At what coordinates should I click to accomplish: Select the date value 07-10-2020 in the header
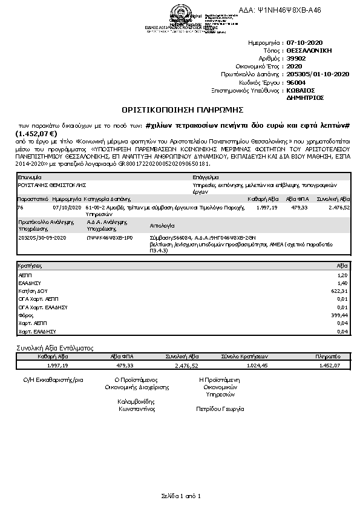click(x=307, y=44)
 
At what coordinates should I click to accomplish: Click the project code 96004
click(x=296, y=82)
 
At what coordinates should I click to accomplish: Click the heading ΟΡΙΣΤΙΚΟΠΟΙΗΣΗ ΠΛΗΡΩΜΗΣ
click(x=182, y=110)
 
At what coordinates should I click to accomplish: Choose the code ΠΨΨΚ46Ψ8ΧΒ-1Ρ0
click(x=106, y=237)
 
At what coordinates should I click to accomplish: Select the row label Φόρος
click(x=25, y=315)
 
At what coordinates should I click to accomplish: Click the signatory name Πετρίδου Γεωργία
click(x=220, y=409)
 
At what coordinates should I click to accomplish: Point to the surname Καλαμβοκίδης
click(x=136, y=401)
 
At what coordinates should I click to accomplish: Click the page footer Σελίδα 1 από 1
click(x=180, y=496)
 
